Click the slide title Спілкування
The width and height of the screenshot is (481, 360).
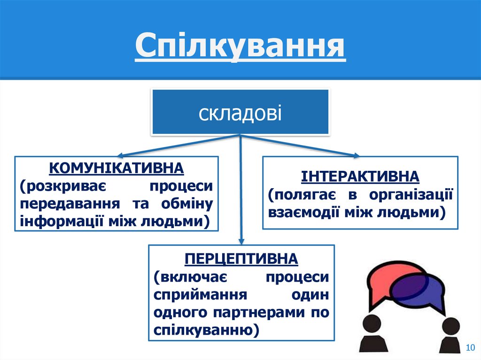(x=240, y=48)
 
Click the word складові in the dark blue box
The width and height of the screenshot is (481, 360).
(x=240, y=113)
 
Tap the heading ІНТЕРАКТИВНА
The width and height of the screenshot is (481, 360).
(x=360, y=177)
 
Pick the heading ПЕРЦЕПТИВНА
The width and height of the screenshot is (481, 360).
(x=241, y=259)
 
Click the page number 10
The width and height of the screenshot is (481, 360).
(x=469, y=347)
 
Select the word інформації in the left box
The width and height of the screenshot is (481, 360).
(x=55, y=221)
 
